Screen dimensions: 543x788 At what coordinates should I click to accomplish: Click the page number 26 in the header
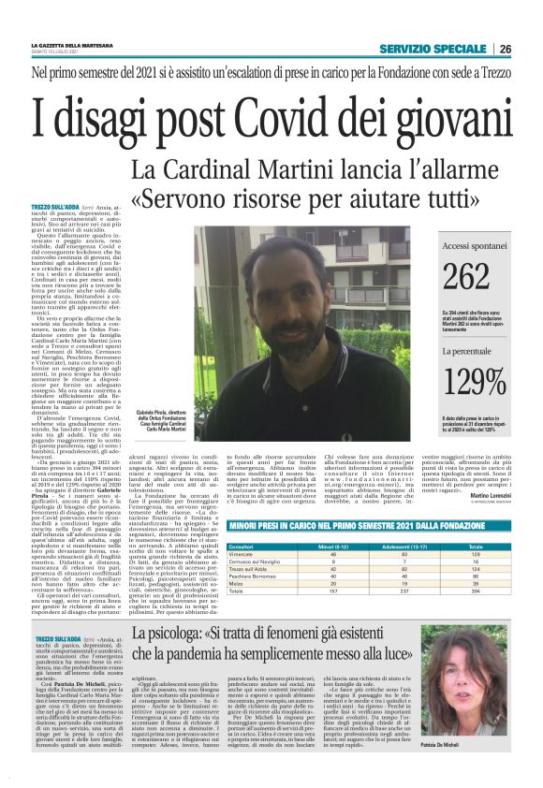click(506, 49)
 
